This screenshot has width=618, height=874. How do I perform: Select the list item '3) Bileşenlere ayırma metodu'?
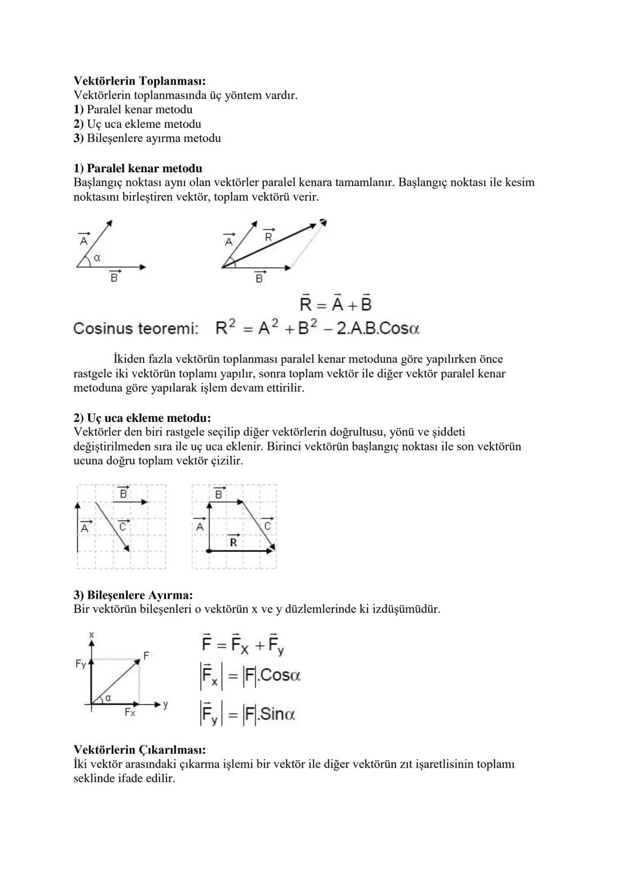(147, 138)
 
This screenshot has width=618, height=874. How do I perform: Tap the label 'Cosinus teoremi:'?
(136, 329)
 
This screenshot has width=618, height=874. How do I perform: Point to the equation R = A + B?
(336, 303)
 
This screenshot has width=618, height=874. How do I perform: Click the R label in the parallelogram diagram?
(268, 235)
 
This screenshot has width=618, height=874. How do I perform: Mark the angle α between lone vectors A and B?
(97, 258)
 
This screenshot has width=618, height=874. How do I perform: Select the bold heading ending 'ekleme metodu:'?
(142, 418)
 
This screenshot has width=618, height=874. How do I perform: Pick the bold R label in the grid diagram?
(233, 541)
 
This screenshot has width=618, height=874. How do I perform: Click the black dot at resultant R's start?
(209, 550)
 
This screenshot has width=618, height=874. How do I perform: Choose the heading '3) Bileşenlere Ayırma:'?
(133, 595)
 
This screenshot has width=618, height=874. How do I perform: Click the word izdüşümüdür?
(406, 609)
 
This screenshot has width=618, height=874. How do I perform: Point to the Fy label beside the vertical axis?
(81, 664)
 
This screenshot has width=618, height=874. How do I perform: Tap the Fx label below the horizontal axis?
(130, 713)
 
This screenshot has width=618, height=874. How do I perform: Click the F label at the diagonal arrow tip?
(146, 655)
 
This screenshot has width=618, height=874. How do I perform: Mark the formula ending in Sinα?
(247, 714)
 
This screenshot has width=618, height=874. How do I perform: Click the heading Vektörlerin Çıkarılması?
(140, 749)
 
